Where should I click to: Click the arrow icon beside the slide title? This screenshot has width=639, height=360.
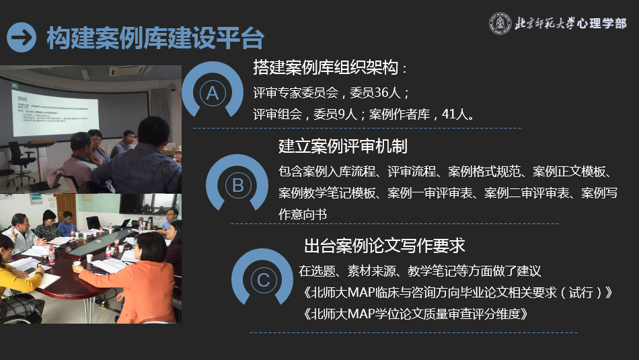(x=22, y=36)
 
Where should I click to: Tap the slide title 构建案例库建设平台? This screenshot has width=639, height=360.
(x=155, y=37)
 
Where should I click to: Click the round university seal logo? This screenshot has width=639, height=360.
(x=500, y=23)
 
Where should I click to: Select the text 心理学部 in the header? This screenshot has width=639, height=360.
(x=601, y=24)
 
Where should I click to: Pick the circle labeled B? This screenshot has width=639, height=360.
(x=237, y=185)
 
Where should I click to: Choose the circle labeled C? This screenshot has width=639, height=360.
(x=263, y=279)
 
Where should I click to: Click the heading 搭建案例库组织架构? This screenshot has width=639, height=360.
(x=330, y=67)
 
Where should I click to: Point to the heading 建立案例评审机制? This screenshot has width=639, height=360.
(x=343, y=146)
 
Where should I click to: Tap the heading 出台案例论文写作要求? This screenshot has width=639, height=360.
(x=385, y=245)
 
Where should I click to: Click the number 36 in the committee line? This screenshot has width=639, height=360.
(x=383, y=92)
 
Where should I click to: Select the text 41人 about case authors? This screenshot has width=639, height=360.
(x=458, y=114)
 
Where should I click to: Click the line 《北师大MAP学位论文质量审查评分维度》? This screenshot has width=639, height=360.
(x=414, y=314)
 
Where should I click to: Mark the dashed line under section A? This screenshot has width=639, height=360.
(x=356, y=128)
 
